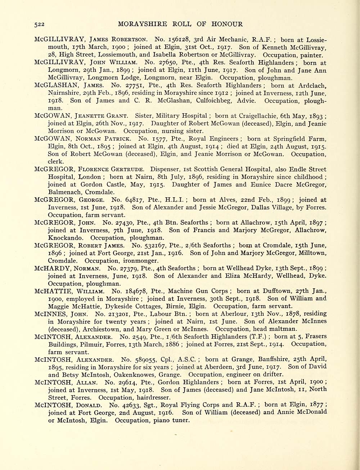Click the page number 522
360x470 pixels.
coord(39,24)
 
